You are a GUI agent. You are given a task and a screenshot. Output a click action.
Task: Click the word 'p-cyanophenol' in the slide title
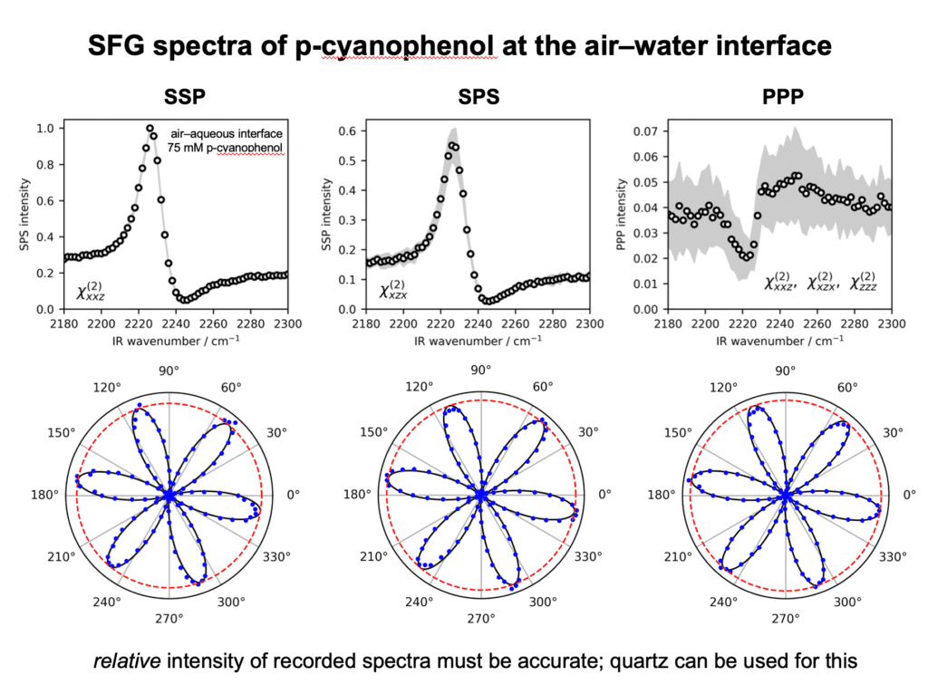(x=395, y=45)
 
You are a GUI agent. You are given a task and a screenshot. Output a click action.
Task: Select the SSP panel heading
(x=185, y=96)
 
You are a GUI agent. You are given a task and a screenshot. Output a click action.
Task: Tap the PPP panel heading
(x=782, y=96)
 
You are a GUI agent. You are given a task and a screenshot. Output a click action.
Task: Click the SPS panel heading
(x=478, y=96)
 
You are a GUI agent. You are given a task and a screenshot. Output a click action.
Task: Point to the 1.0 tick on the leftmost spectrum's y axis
(x=46, y=129)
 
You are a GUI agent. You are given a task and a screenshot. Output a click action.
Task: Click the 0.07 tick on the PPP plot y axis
(x=645, y=130)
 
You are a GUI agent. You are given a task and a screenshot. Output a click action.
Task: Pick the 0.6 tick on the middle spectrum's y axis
(x=347, y=130)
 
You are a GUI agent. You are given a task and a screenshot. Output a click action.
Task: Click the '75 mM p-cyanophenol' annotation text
(x=225, y=148)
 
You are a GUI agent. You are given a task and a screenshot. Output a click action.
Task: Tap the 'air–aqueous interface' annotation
(x=227, y=134)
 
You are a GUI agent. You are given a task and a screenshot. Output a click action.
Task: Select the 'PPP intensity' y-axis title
(x=621, y=214)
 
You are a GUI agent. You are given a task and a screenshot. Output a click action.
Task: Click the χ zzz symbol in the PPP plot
(x=864, y=281)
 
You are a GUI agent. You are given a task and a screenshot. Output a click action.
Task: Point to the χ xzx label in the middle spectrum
(x=393, y=289)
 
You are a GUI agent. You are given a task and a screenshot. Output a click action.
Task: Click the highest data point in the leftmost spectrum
(x=150, y=129)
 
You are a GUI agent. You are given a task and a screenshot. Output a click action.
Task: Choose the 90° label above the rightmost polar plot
(x=786, y=371)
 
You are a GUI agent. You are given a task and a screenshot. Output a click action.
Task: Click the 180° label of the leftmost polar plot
(x=45, y=495)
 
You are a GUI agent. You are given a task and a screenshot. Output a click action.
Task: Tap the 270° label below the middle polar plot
(x=481, y=618)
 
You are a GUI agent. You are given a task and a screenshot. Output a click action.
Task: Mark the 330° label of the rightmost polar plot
(x=893, y=556)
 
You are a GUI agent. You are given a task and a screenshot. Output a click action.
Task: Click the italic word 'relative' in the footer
(x=127, y=660)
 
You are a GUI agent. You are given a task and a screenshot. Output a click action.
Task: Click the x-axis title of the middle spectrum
(x=478, y=341)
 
